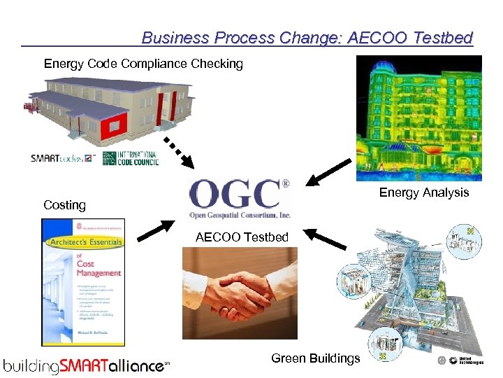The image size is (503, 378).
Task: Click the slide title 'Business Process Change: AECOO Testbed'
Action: click(x=307, y=38)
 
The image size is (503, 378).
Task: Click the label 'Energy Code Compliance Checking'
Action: click(x=143, y=64)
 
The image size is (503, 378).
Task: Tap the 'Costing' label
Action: click(x=64, y=205)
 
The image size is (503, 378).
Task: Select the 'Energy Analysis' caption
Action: click(x=424, y=192)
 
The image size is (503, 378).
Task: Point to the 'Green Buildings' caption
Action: click(x=316, y=358)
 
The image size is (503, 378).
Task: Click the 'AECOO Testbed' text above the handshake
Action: click(x=242, y=237)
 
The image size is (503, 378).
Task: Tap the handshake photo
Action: click(x=240, y=293)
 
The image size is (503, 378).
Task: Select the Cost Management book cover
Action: click(x=83, y=282)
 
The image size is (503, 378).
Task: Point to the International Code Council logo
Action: click(x=131, y=158)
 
